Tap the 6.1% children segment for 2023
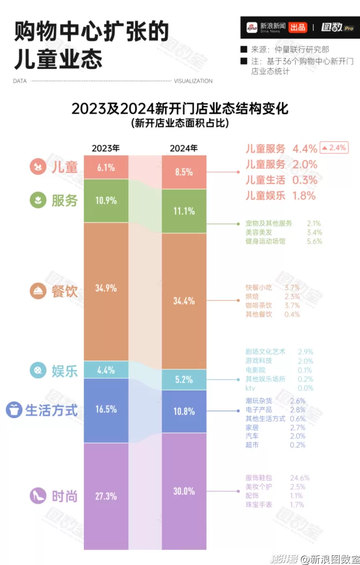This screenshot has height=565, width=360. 106,167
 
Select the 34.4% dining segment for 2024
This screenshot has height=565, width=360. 184,301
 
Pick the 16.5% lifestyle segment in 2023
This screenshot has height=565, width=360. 106,410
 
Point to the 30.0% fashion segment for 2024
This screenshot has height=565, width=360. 184,491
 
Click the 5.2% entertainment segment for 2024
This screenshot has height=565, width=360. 184,380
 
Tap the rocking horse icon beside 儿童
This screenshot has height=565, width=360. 38,167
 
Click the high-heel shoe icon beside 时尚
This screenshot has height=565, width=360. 38,496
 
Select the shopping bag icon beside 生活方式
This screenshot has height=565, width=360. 13,410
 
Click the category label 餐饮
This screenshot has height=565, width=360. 64,291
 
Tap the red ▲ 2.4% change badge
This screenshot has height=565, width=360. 334,147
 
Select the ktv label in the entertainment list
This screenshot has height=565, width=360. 251,388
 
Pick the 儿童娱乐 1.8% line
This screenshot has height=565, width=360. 280,196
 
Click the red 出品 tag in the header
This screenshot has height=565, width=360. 298,27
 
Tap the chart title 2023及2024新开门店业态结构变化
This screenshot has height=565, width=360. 180,109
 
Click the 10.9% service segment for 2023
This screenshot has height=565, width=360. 106,200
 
